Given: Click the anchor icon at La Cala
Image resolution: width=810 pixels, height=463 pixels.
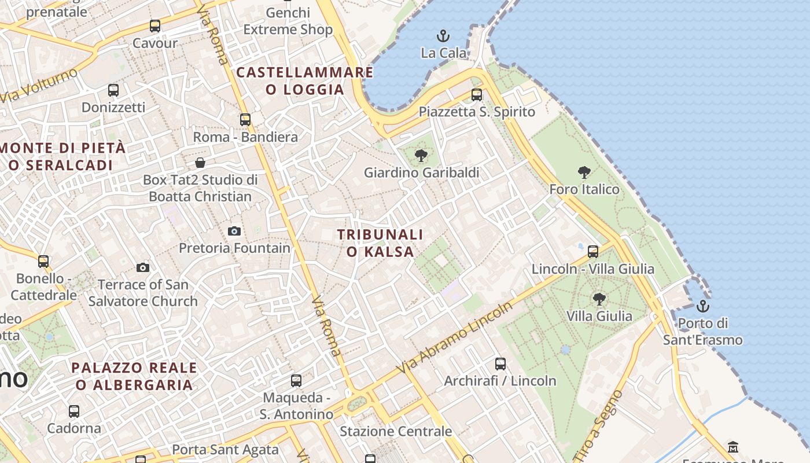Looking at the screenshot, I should tap(443, 36).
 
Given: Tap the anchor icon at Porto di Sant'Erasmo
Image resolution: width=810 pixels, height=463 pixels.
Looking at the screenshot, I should tap(703, 306).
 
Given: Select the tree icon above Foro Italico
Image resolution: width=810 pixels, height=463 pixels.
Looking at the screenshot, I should tap(584, 172).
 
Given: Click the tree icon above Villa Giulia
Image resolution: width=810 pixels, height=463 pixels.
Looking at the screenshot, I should tap(599, 299).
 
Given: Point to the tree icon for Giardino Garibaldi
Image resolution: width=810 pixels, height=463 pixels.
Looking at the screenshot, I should tap(421, 155).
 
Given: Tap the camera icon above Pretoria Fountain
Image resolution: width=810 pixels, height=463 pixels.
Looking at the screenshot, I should tap(234, 231).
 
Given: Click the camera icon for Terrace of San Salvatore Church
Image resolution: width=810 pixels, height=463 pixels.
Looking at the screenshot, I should tap(143, 267).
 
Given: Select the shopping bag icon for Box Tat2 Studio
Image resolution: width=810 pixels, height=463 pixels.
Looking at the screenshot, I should tap(200, 162).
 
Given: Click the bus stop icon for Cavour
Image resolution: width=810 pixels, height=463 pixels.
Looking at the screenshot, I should tap(155, 25).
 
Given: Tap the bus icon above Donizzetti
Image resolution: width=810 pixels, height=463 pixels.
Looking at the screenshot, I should tap(113, 90).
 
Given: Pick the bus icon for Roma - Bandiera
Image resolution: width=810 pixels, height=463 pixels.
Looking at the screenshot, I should tap(245, 119).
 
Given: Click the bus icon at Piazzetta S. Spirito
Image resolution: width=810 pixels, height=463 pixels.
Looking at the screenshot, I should tap(477, 94).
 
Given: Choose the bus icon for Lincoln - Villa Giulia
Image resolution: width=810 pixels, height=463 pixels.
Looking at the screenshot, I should tap(593, 251).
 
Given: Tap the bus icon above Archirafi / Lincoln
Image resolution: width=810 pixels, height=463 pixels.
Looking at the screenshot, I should tap(500, 363).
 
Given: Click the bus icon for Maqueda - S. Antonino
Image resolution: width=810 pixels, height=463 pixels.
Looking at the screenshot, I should tap(296, 380).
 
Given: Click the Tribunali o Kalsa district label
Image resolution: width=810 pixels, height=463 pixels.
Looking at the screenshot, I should tap(380, 243).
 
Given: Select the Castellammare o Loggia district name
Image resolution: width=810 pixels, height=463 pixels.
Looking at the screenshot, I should tap(305, 80).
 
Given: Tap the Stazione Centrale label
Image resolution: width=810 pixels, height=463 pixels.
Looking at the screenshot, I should tap(396, 431).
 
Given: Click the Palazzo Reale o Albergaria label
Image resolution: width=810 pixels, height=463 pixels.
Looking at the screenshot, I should tap(134, 376).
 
